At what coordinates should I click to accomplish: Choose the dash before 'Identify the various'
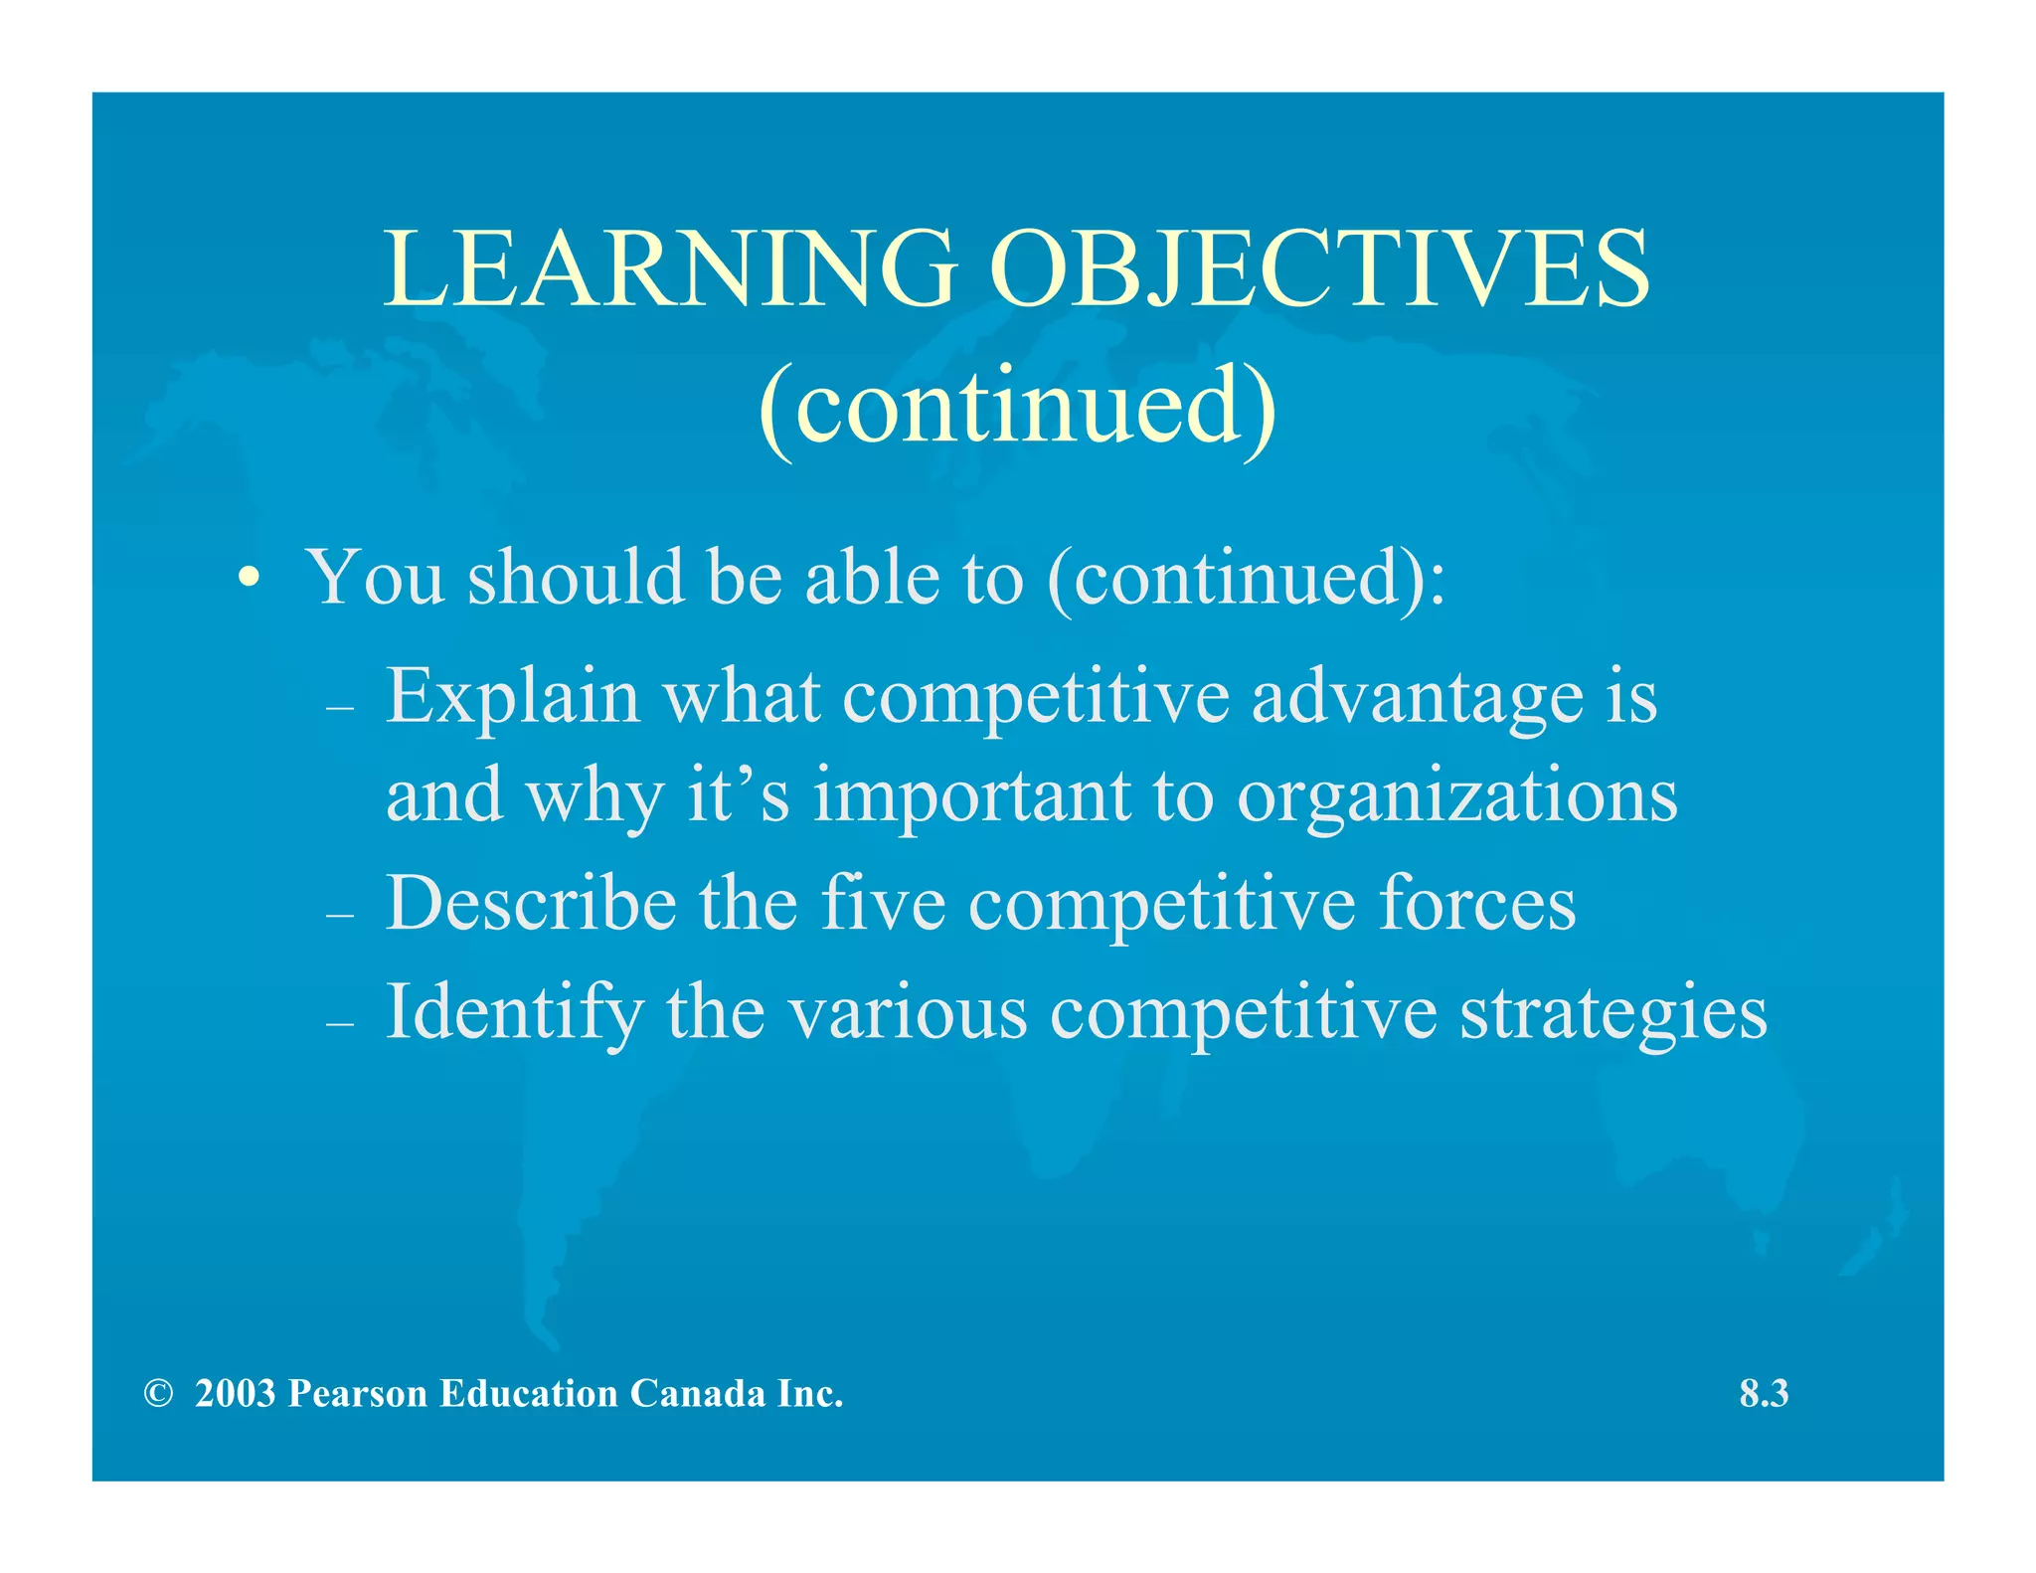340,1023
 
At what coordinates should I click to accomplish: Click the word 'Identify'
514,1012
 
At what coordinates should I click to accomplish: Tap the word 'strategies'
1612,1012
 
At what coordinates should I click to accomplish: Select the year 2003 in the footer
235,1394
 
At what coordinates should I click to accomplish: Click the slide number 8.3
1764,1394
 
